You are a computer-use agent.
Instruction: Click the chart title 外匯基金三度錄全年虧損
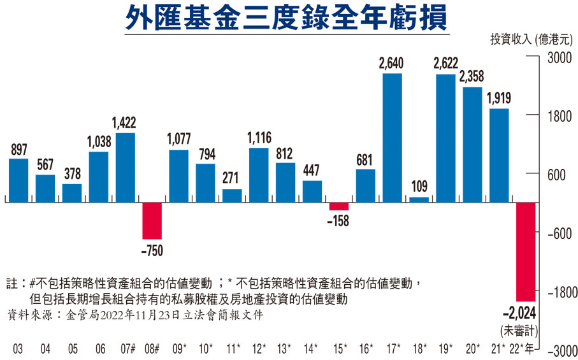point(287,20)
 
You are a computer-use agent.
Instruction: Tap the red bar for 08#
point(152,220)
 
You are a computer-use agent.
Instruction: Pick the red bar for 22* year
point(526,252)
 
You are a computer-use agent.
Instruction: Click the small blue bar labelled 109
point(419,200)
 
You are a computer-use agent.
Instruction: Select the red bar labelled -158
point(338,206)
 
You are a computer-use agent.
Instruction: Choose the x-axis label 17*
point(393,349)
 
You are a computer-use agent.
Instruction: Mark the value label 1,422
point(125,122)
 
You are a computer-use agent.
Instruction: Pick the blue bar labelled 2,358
point(472,145)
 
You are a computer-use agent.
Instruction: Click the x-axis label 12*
point(259,349)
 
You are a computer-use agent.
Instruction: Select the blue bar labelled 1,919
point(499,155)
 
